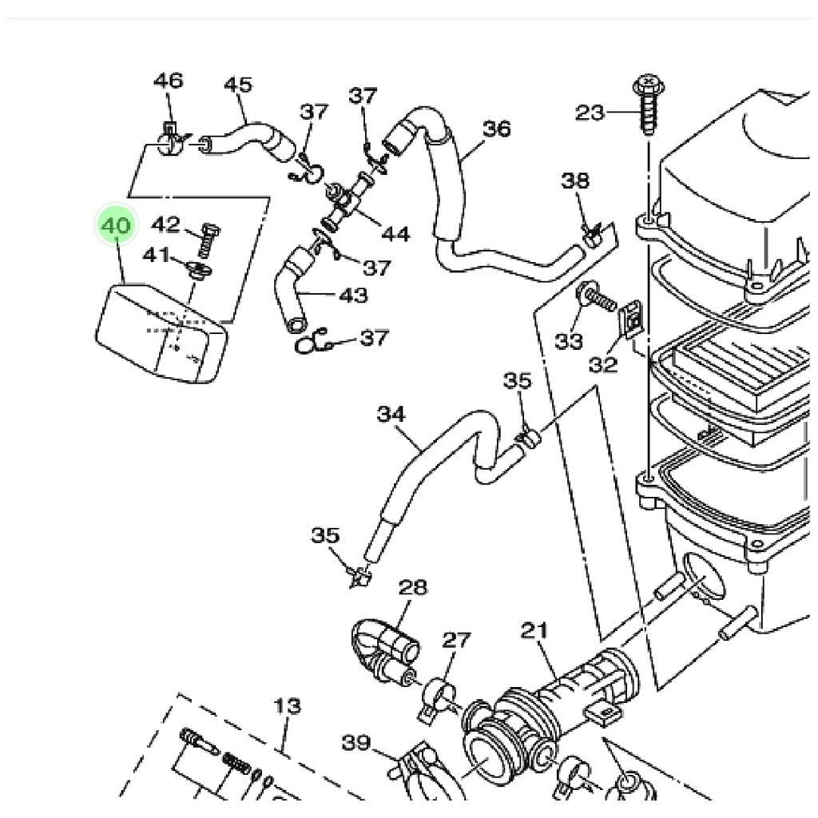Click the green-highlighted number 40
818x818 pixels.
tap(116, 226)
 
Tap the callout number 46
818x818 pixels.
tap(169, 81)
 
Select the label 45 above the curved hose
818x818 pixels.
tap(237, 85)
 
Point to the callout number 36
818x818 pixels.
tap(496, 129)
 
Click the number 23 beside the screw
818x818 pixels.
tap(590, 113)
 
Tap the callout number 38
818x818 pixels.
tap(574, 181)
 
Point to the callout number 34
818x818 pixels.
tap(391, 414)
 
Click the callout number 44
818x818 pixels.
tap(395, 234)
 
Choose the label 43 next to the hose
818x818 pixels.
tap(353, 296)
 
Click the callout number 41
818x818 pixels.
tap(157, 255)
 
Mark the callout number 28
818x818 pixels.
tap(414, 588)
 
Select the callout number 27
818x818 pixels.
tap(457, 639)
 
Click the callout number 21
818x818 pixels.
tap(535, 631)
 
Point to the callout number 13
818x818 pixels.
tap(288, 706)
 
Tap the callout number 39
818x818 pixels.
tap(356, 743)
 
